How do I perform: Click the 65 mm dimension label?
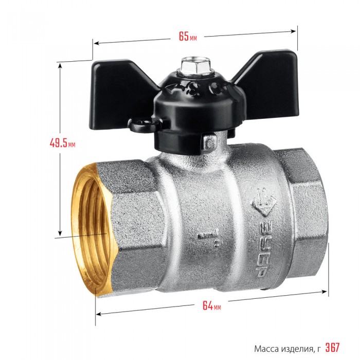[x=188, y=37]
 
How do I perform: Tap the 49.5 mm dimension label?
[x=62, y=143]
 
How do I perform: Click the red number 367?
[x=332, y=347]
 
